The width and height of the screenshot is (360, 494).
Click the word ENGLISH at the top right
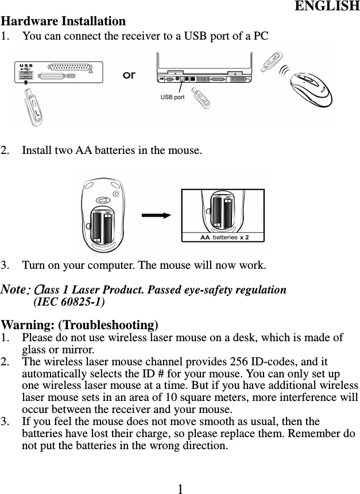327,7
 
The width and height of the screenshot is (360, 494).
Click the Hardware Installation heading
63,21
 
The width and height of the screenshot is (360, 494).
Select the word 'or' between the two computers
129,75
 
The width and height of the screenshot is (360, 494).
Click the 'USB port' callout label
172,97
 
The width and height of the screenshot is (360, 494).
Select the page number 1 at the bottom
180,488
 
